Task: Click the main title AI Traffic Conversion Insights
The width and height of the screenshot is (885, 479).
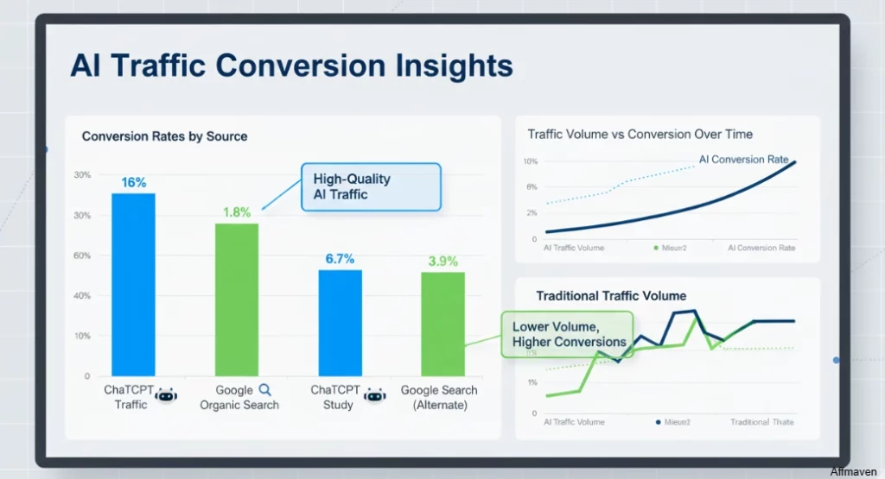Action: tap(291, 66)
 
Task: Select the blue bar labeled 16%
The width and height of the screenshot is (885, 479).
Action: tap(133, 284)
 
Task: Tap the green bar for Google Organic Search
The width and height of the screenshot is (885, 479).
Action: tap(237, 299)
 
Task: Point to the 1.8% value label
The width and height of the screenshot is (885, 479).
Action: tap(236, 211)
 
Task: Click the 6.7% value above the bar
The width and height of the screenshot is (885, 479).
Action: tap(340, 258)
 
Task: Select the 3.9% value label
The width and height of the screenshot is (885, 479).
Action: tap(442, 261)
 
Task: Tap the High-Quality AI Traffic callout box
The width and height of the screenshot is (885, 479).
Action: tap(370, 186)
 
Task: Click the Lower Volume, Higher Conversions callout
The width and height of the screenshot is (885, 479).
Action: tap(568, 335)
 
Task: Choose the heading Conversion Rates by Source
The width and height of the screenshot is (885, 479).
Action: tap(164, 136)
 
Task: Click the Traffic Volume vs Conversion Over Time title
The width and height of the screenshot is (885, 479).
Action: tap(640, 135)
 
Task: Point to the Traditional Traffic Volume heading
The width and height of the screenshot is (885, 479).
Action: tap(610, 296)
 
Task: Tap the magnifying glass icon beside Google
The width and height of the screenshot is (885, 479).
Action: tap(265, 390)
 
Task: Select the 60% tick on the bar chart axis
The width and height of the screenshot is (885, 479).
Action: tap(83, 255)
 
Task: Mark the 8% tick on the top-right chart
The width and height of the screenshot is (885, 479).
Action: tap(530, 187)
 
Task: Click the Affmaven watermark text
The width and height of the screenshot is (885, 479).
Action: tap(854, 471)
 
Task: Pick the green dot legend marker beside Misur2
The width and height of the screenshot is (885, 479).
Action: tap(656, 248)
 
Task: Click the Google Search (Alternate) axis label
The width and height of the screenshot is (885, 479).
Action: tap(438, 397)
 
